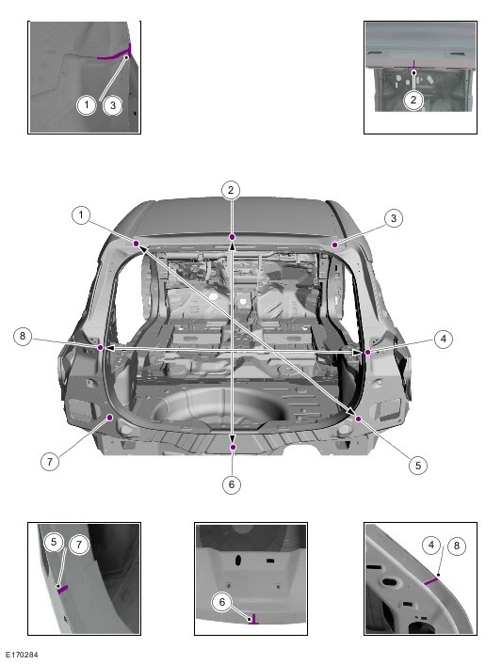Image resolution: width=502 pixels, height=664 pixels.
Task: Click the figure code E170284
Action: tap(22, 655)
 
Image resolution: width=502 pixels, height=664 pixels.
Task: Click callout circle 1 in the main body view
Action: tap(81, 215)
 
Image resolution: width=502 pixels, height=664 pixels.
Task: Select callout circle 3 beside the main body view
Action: tap(394, 218)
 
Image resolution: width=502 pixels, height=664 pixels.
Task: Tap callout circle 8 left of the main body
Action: tap(23, 337)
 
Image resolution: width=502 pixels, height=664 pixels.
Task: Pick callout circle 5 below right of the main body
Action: tap(418, 466)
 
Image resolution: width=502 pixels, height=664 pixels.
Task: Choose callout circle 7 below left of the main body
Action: tap(50, 461)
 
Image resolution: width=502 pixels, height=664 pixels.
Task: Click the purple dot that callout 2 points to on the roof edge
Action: tap(232, 236)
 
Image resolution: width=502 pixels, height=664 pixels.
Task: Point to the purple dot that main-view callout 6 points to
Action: tap(233, 447)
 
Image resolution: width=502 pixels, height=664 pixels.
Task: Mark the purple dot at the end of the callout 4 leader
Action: tap(367, 352)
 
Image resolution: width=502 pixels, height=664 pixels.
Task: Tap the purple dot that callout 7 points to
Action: tap(110, 418)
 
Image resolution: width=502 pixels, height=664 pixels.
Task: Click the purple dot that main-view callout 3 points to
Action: tap(334, 245)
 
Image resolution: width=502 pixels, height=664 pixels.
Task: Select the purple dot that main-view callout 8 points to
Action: tap(101, 347)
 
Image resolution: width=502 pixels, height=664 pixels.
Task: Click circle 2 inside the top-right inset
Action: tap(413, 101)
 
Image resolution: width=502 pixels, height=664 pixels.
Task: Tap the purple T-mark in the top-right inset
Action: tap(413, 67)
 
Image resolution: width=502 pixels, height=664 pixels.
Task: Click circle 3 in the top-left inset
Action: tap(113, 105)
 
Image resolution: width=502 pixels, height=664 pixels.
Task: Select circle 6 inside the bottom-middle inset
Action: tap(222, 602)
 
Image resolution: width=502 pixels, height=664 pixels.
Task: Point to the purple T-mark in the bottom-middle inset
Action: tap(253, 622)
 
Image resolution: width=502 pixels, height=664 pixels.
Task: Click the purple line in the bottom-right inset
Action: tap(430, 581)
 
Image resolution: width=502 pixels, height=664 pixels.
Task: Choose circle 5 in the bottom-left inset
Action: tap(54, 542)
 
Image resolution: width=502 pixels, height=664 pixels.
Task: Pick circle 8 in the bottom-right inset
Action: tap(457, 545)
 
